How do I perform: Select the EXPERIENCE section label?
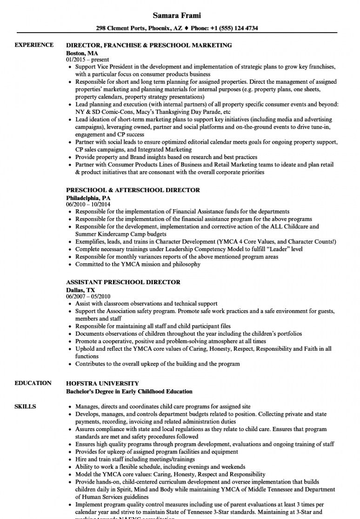[34, 45]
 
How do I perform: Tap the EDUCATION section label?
[33, 383]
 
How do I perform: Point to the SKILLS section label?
[26, 406]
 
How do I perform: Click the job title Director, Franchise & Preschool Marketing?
[149, 46]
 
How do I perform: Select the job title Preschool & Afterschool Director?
[133, 190]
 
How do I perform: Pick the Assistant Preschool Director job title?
[123, 282]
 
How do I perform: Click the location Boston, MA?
[82, 53]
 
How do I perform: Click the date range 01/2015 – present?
[87, 60]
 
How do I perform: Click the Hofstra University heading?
[102, 383]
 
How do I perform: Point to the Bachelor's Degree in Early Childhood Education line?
[129, 391]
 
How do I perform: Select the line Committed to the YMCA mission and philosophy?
[138, 264]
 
